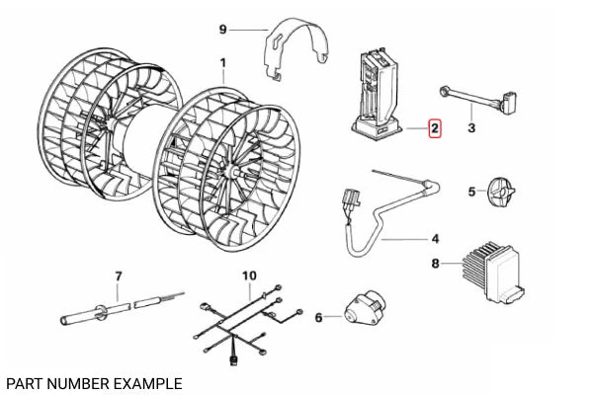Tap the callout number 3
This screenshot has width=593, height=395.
pos(470,128)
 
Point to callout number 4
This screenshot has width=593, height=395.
pos(436,239)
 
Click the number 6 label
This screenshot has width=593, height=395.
pos(318,317)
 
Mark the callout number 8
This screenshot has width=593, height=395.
pos(435,264)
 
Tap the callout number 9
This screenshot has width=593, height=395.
pos(222,30)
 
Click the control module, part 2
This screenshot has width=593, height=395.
pos(376,89)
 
